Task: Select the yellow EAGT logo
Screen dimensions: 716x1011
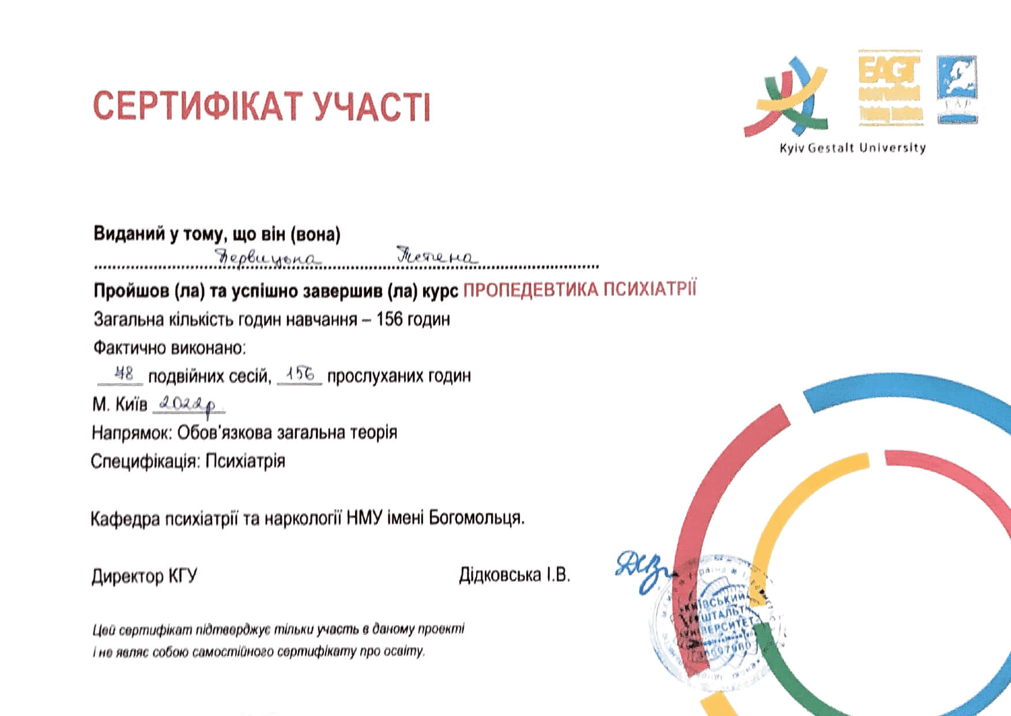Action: [x=890, y=88]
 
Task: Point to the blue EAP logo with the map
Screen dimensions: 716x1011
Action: [x=957, y=89]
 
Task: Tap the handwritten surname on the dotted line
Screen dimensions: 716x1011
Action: [x=267, y=257]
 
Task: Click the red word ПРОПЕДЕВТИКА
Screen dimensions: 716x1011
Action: [x=530, y=290]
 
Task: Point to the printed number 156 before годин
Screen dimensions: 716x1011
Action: [x=390, y=319]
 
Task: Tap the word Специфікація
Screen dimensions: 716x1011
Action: [x=145, y=462]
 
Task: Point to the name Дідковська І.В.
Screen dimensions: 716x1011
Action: [x=514, y=575]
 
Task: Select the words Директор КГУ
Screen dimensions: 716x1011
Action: [x=144, y=576]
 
